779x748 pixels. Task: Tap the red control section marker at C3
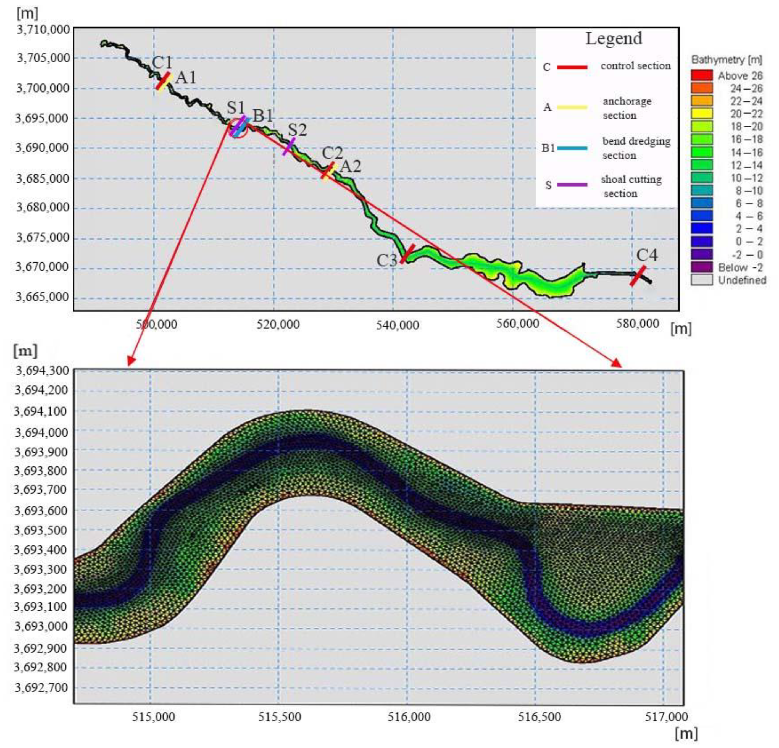pos(407,254)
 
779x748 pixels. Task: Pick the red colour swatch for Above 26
pos(701,75)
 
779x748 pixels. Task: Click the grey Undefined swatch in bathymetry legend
pos(701,280)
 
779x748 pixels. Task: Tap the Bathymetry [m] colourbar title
pos(727,60)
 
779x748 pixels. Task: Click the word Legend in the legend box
pos(614,39)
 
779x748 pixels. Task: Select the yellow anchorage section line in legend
pos(572,107)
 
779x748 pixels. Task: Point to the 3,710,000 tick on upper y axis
pos(43,29)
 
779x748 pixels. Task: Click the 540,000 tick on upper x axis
pos(397,325)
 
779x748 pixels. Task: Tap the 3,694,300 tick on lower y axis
pos(42,371)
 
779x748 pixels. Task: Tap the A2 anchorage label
pos(351,167)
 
